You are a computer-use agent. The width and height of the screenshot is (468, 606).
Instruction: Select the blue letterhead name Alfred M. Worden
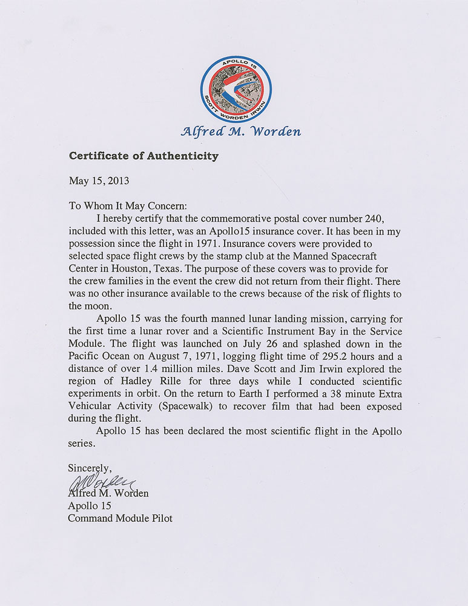[240, 132]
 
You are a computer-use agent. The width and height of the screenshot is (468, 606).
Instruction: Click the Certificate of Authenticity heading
[143, 156]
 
